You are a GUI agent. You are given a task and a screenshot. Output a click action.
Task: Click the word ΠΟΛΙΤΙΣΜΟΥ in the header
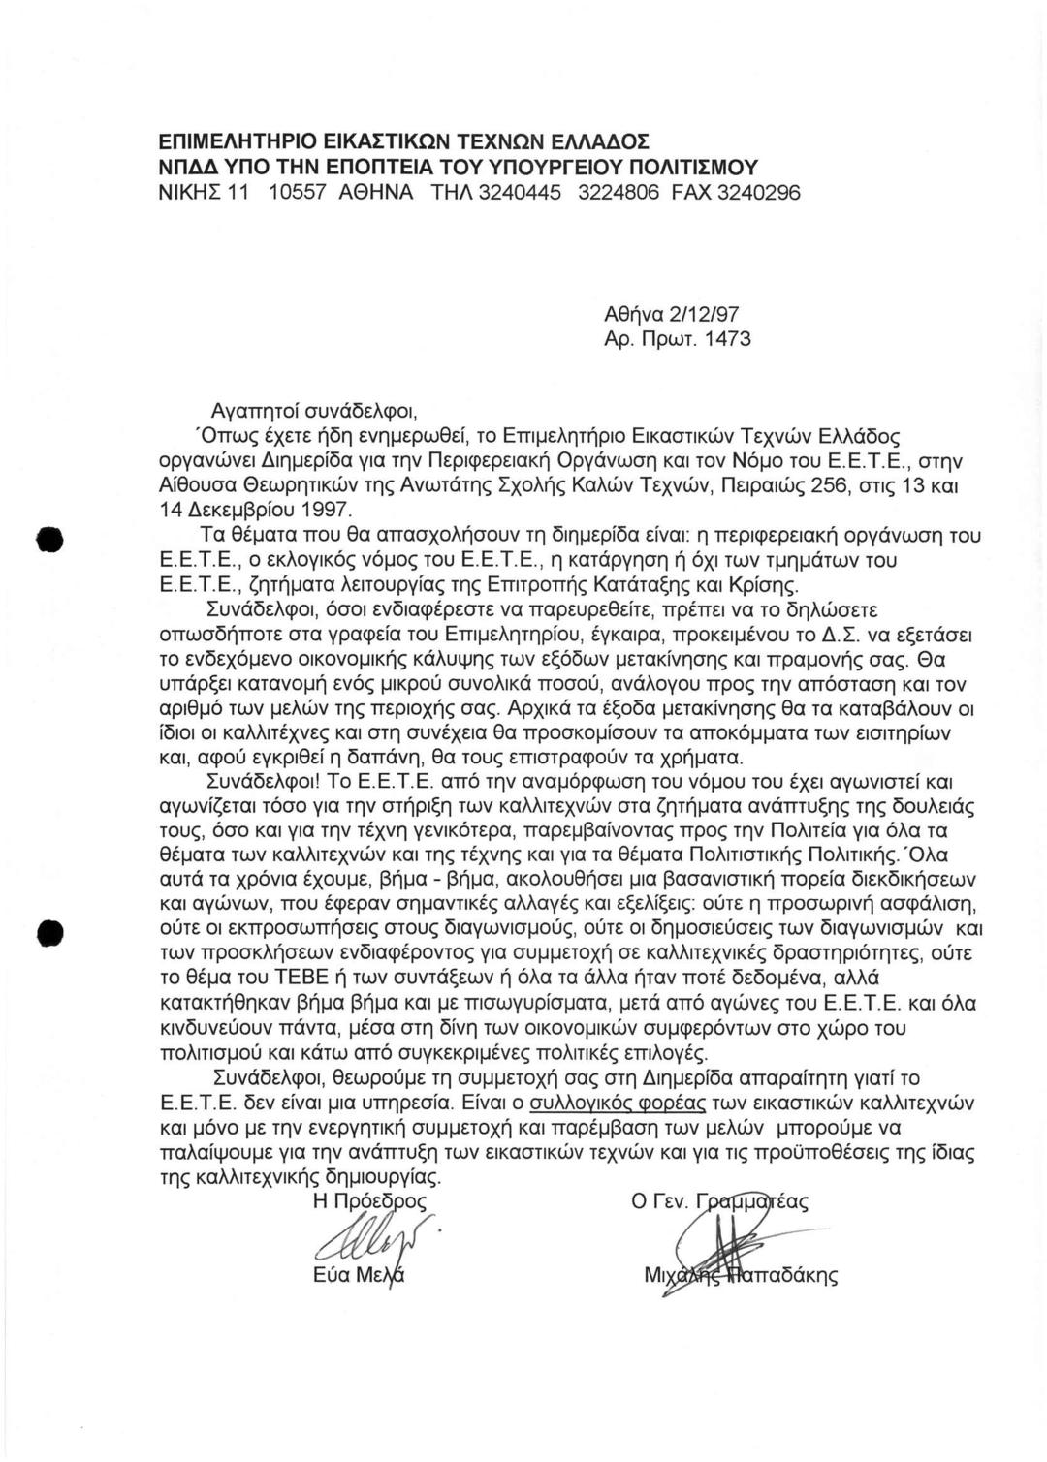click(687, 166)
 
